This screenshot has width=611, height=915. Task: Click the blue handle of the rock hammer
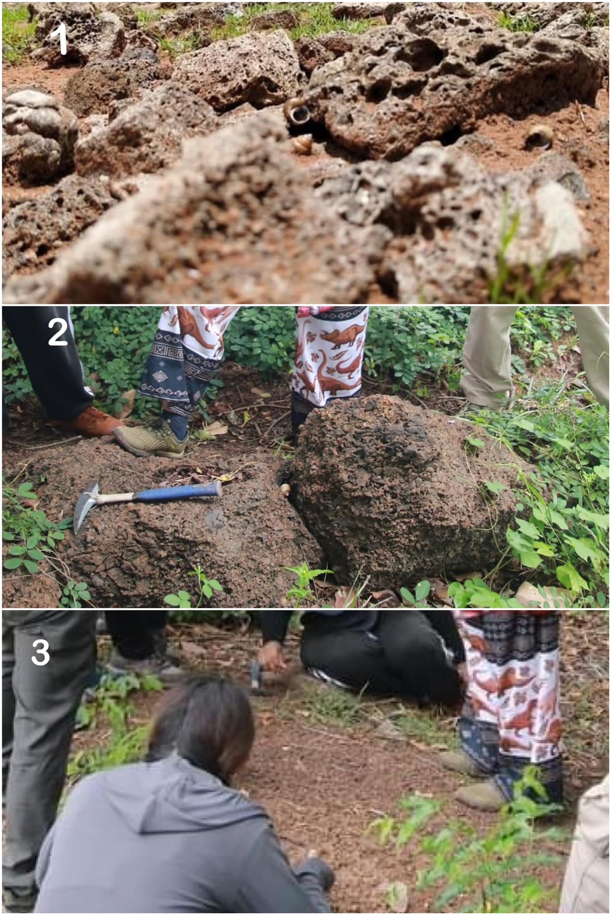click(178, 492)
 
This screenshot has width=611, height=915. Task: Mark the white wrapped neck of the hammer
click(115, 497)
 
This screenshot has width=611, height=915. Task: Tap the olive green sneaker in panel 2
click(154, 440)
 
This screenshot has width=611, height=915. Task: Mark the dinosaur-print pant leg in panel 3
click(510, 697)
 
